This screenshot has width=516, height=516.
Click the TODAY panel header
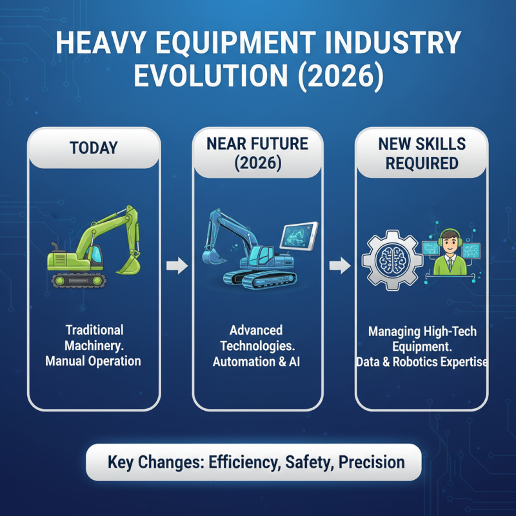click(94, 147)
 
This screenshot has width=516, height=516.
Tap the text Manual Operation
click(93, 361)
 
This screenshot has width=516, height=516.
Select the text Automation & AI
click(257, 362)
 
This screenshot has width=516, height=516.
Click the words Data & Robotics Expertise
click(422, 362)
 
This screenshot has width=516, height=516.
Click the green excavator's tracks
click(79, 280)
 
